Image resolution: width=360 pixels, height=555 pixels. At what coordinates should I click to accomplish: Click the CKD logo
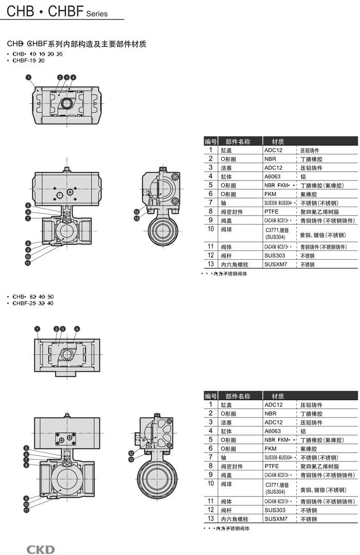click(41, 549)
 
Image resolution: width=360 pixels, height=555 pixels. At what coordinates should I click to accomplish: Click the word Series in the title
click(97, 14)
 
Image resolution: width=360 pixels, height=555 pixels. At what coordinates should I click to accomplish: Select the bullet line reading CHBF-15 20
click(29, 60)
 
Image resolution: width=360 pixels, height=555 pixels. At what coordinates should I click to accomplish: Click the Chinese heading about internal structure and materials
click(77, 44)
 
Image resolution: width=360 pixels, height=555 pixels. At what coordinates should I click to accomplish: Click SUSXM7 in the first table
click(276, 264)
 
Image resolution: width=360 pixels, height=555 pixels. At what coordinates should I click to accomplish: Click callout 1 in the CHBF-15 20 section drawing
click(28, 77)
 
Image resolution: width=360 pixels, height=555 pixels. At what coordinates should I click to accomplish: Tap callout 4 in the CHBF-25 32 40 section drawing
click(77, 328)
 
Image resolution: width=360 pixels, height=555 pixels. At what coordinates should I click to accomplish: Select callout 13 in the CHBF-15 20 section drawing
click(137, 218)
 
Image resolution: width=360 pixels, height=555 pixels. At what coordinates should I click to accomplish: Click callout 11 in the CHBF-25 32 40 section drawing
click(26, 510)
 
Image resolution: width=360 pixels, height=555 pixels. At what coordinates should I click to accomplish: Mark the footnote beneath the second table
click(226, 528)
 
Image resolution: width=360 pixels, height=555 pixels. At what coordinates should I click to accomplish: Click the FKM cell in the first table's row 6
click(271, 194)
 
